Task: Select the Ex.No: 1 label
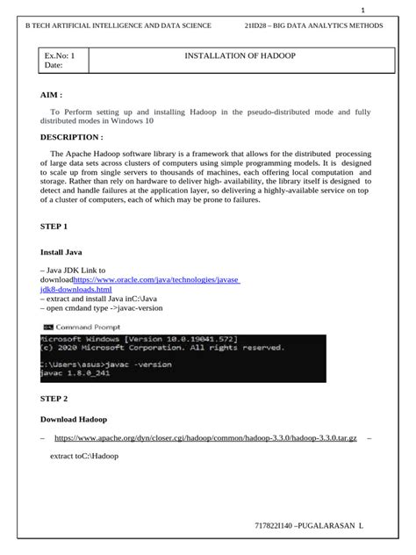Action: [x=60, y=55]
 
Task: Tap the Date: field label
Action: [x=54, y=67]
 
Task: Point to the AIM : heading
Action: [x=52, y=94]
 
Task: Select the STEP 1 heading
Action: [x=54, y=226]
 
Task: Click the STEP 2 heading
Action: [x=54, y=398]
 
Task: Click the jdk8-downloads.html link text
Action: [x=76, y=289]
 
